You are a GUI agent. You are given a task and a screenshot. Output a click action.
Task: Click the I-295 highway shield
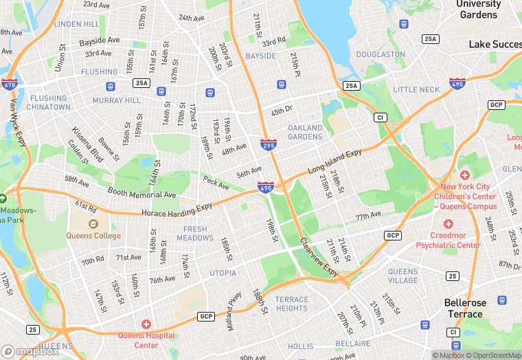tap(269, 145)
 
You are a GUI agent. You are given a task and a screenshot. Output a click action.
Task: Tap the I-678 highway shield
tap(10, 85)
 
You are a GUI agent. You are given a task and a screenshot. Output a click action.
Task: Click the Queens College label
tap(93, 236)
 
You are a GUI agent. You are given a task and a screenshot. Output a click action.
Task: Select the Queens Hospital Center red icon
tap(146, 324)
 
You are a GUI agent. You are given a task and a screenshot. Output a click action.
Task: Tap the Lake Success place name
tap(495, 44)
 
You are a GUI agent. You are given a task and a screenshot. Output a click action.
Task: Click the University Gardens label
tap(479, 9)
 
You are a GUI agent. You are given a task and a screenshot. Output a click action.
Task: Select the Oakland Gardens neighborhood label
tap(305, 132)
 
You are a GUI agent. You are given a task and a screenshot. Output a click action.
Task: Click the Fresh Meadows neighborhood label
tap(195, 234)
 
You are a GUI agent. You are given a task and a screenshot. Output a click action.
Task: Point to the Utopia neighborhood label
tap(223, 273)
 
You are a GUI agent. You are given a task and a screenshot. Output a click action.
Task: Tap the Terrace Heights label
tap(292, 304)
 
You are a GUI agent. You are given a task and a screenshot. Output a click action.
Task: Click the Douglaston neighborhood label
tap(381, 54)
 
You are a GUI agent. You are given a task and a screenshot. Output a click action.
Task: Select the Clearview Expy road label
tap(319, 258)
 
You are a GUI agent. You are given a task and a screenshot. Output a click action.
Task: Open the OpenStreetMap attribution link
tap(489, 355)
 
